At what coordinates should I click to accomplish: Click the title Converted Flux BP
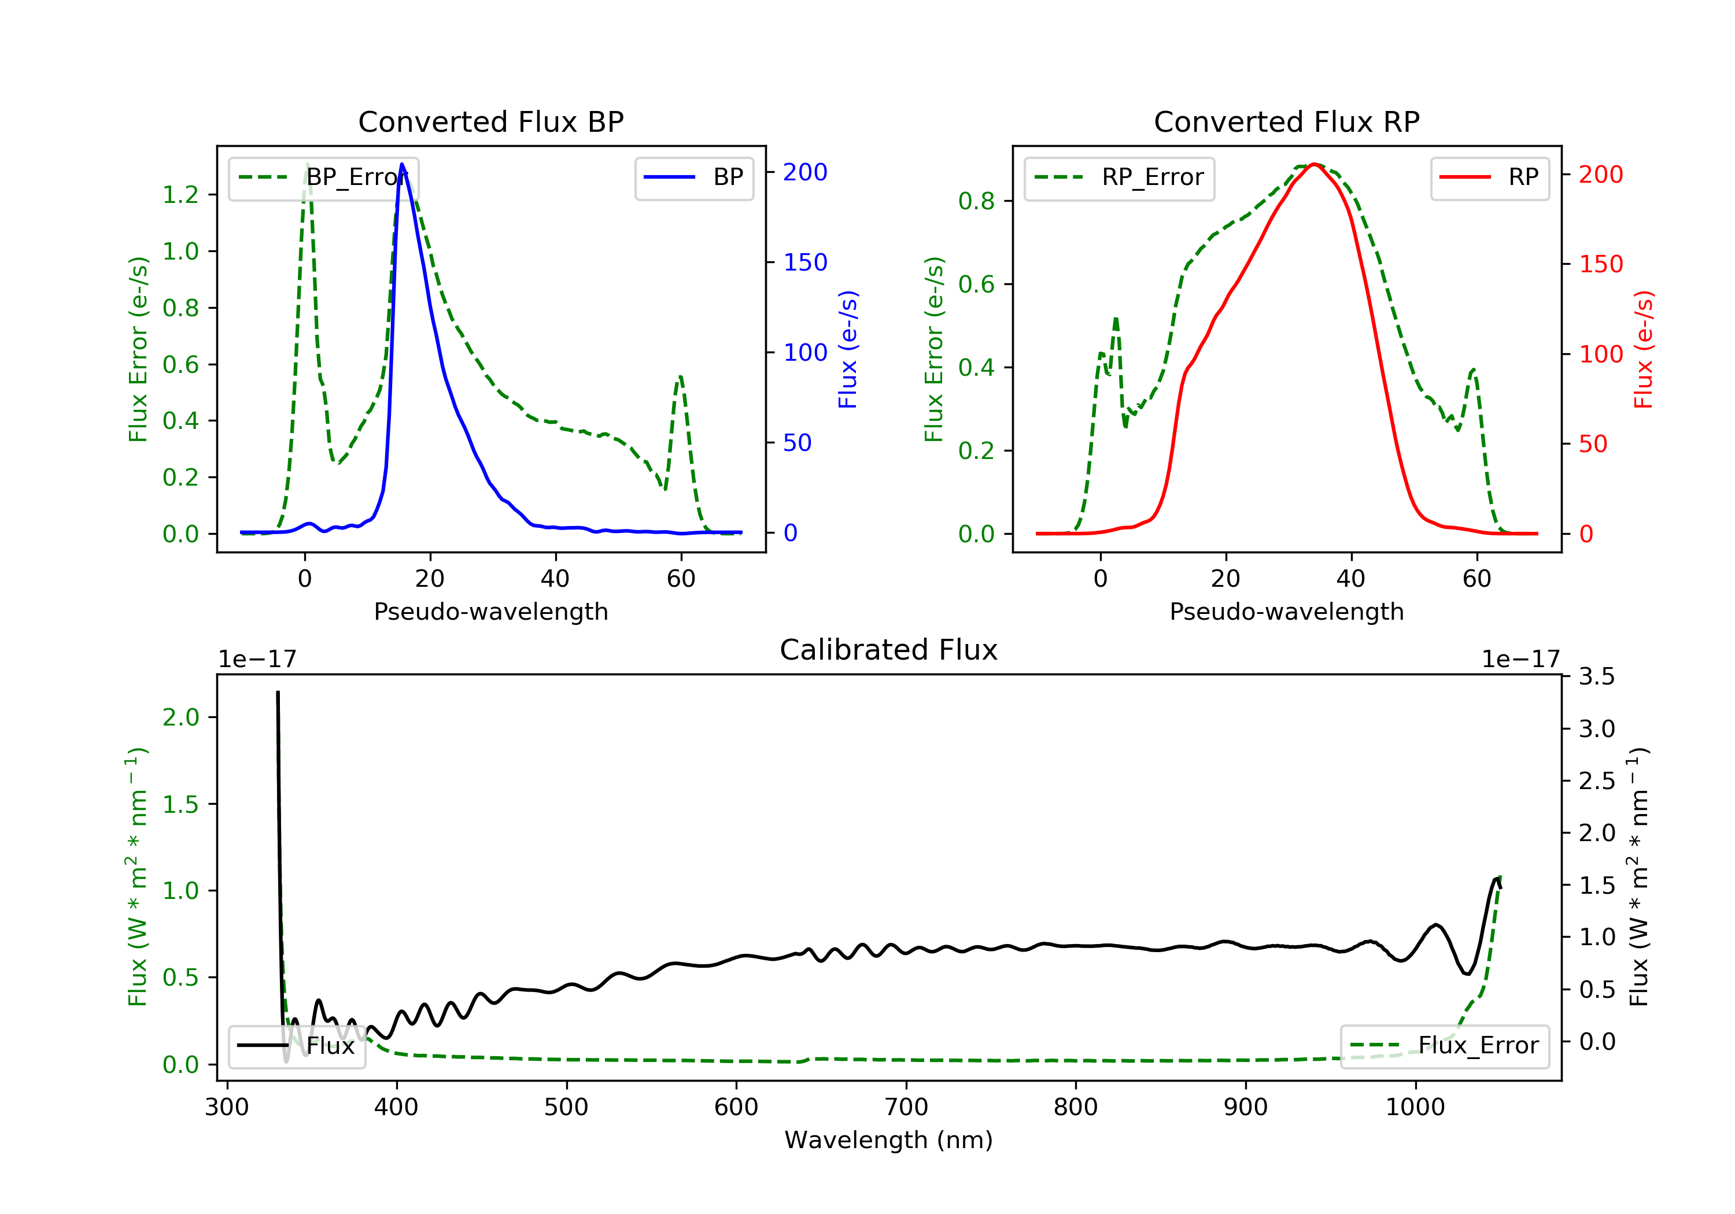[x=490, y=121]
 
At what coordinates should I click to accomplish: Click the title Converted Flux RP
[x=1286, y=121]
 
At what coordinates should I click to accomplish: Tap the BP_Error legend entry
[x=323, y=177]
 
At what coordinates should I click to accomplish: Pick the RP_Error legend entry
[x=1119, y=177]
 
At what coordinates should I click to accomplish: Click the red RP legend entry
[x=1489, y=177]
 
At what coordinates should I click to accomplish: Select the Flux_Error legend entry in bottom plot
[x=1444, y=1046]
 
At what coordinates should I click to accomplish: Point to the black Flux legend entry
[x=297, y=1046]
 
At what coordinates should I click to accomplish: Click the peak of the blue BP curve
[x=402, y=164]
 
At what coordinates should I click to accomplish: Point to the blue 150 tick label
[x=805, y=262]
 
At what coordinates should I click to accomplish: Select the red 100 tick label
[x=1600, y=354]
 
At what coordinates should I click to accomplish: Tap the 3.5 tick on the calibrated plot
[x=1597, y=676]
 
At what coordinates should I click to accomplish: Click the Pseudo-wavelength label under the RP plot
[x=1286, y=611]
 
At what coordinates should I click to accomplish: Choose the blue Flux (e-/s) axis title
[x=848, y=350]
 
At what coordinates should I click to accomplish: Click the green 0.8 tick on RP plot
[x=976, y=201]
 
